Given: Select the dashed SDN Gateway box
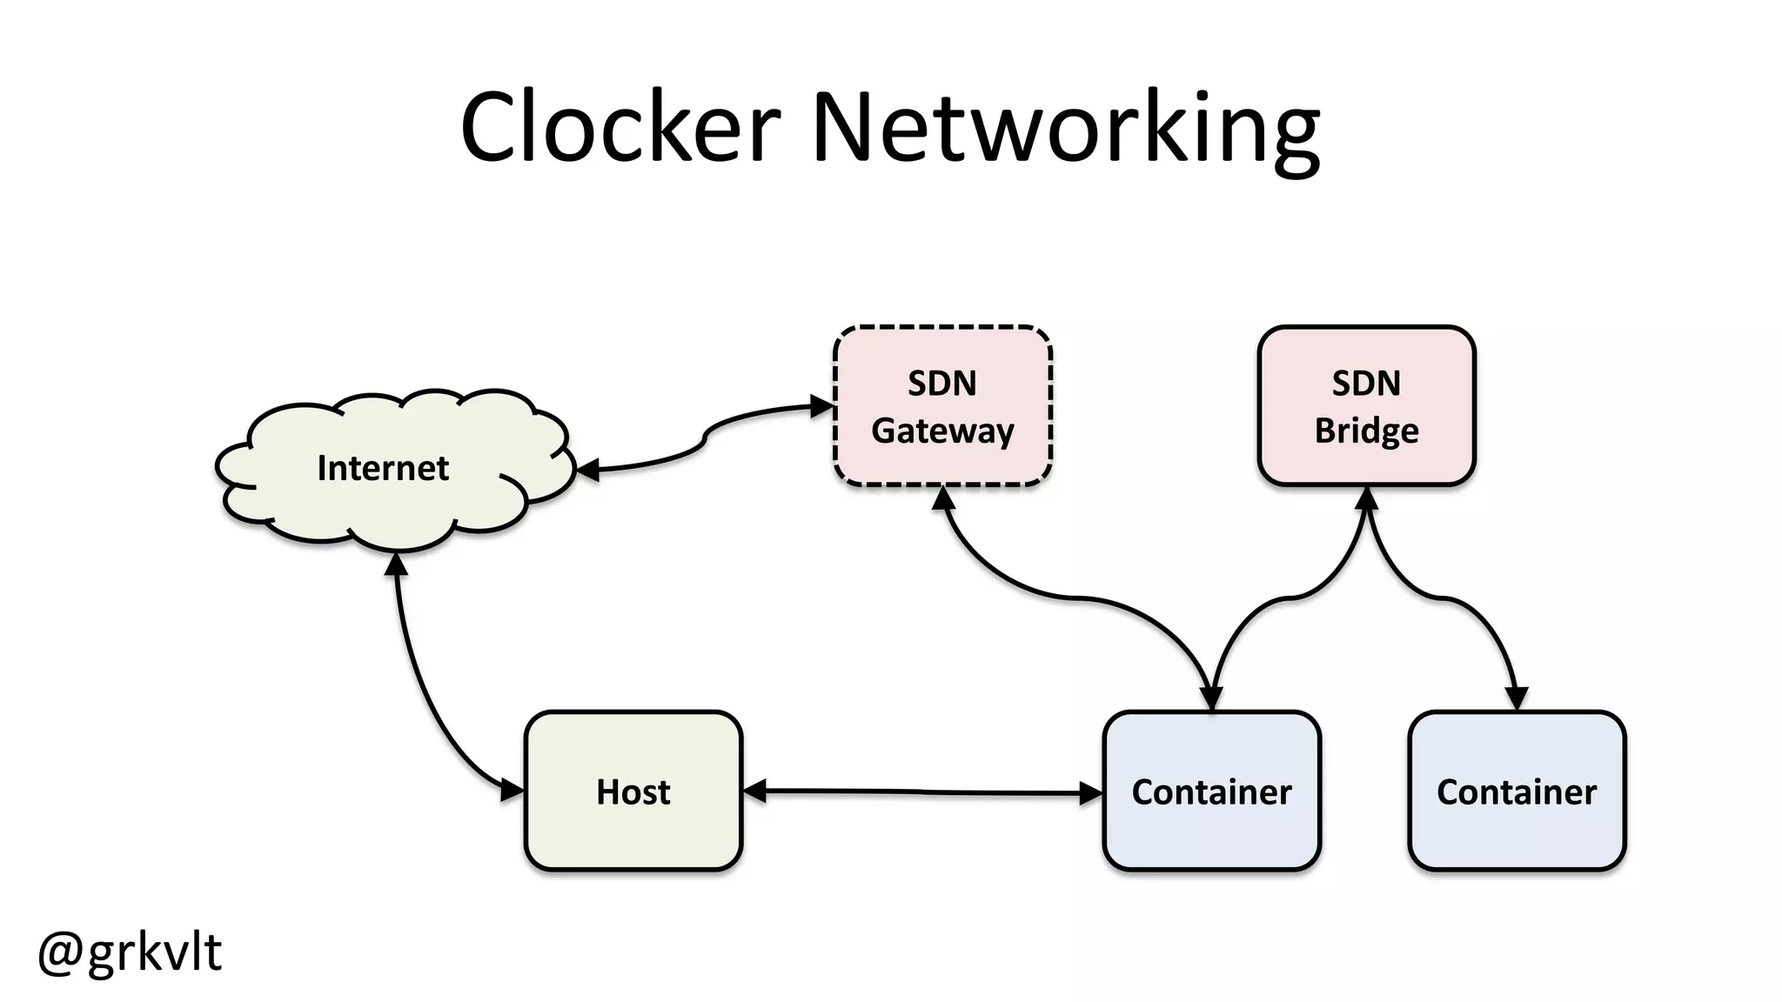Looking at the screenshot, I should click(x=942, y=405).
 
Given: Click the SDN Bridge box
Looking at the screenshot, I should click(x=1366, y=405).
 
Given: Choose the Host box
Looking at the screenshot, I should click(x=633, y=791).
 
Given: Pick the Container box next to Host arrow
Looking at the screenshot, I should click(x=1211, y=791).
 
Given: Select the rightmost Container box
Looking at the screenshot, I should click(x=1517, y=791).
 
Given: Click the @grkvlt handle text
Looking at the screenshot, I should click(x=131, y=952).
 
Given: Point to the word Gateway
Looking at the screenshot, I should click(x=942, y=431).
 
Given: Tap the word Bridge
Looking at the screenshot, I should click(x=1366, y=431).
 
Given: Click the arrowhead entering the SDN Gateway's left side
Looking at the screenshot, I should click(x=822, y=406).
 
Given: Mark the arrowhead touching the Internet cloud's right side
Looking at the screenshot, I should click(x=588, y=471).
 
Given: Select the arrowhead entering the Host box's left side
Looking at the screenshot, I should click(x=512, y=791).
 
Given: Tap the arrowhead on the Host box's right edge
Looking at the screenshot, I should click(x=754, y=791).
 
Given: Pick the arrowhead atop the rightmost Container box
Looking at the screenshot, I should click(x=1517, y=698).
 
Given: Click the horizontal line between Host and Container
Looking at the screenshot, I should click(x=922, y=792).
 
